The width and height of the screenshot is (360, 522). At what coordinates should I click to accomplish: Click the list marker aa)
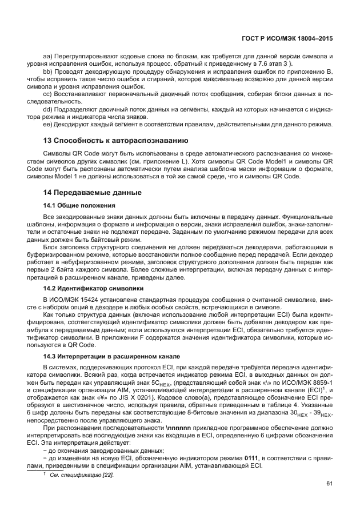pyautogui.click(x=47, y=58)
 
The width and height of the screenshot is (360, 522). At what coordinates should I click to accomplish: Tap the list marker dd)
pyautogui.click(x=47, y=108)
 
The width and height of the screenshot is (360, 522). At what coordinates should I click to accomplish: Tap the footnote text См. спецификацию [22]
pyautogui.click(x=82, y=475)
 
